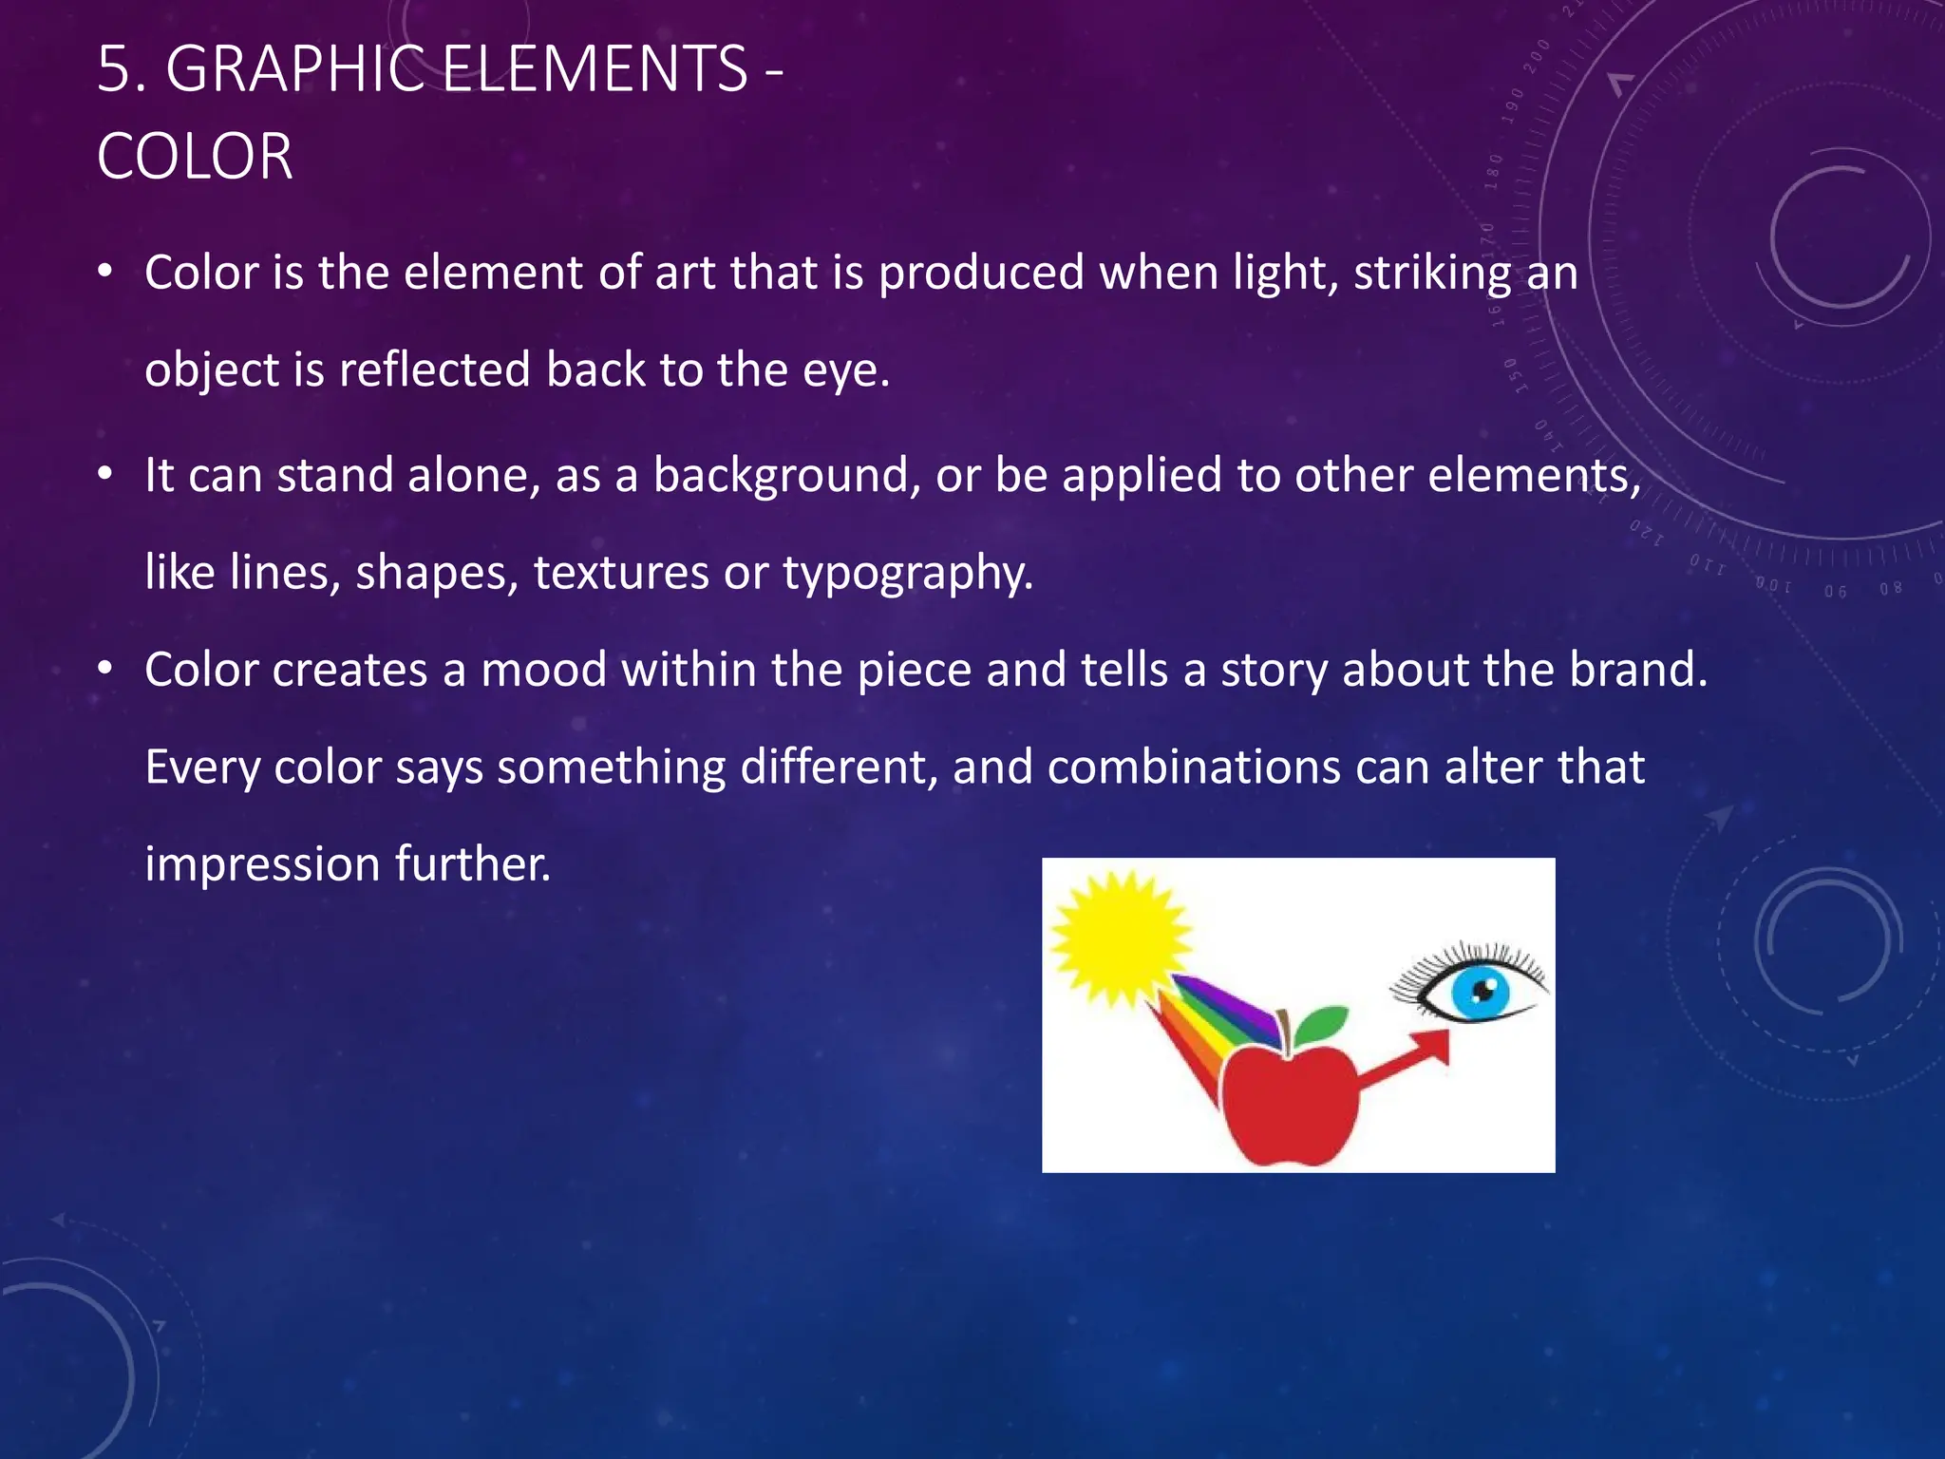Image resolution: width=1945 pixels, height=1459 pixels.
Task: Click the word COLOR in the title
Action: [x=195, y=157]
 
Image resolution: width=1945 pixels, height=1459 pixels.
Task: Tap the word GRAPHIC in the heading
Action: [x=294, y=69]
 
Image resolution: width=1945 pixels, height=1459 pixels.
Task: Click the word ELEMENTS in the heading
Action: [x=595, y=69]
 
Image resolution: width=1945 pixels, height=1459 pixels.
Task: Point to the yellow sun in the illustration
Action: [x=1121, y=938]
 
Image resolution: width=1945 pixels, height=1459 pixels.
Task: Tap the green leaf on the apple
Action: [x=1321, y=1024]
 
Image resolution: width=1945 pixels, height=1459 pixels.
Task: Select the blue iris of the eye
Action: [x=1480, y=994]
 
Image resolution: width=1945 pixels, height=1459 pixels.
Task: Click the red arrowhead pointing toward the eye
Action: [x=1434, y=1048]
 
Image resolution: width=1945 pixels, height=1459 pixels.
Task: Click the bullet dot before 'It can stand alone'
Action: [x=105, y=473]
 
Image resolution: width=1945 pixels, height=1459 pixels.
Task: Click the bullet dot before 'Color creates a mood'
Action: [x=105, y=668]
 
